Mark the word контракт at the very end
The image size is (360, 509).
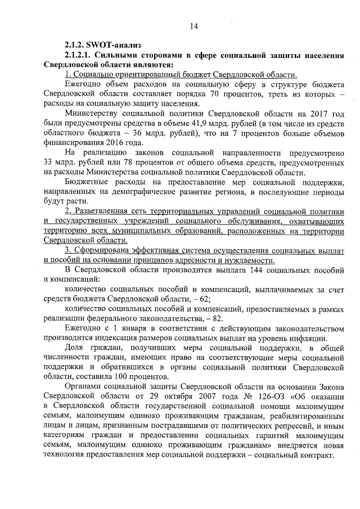pos(316,454)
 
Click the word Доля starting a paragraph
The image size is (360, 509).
pos(75,348)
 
